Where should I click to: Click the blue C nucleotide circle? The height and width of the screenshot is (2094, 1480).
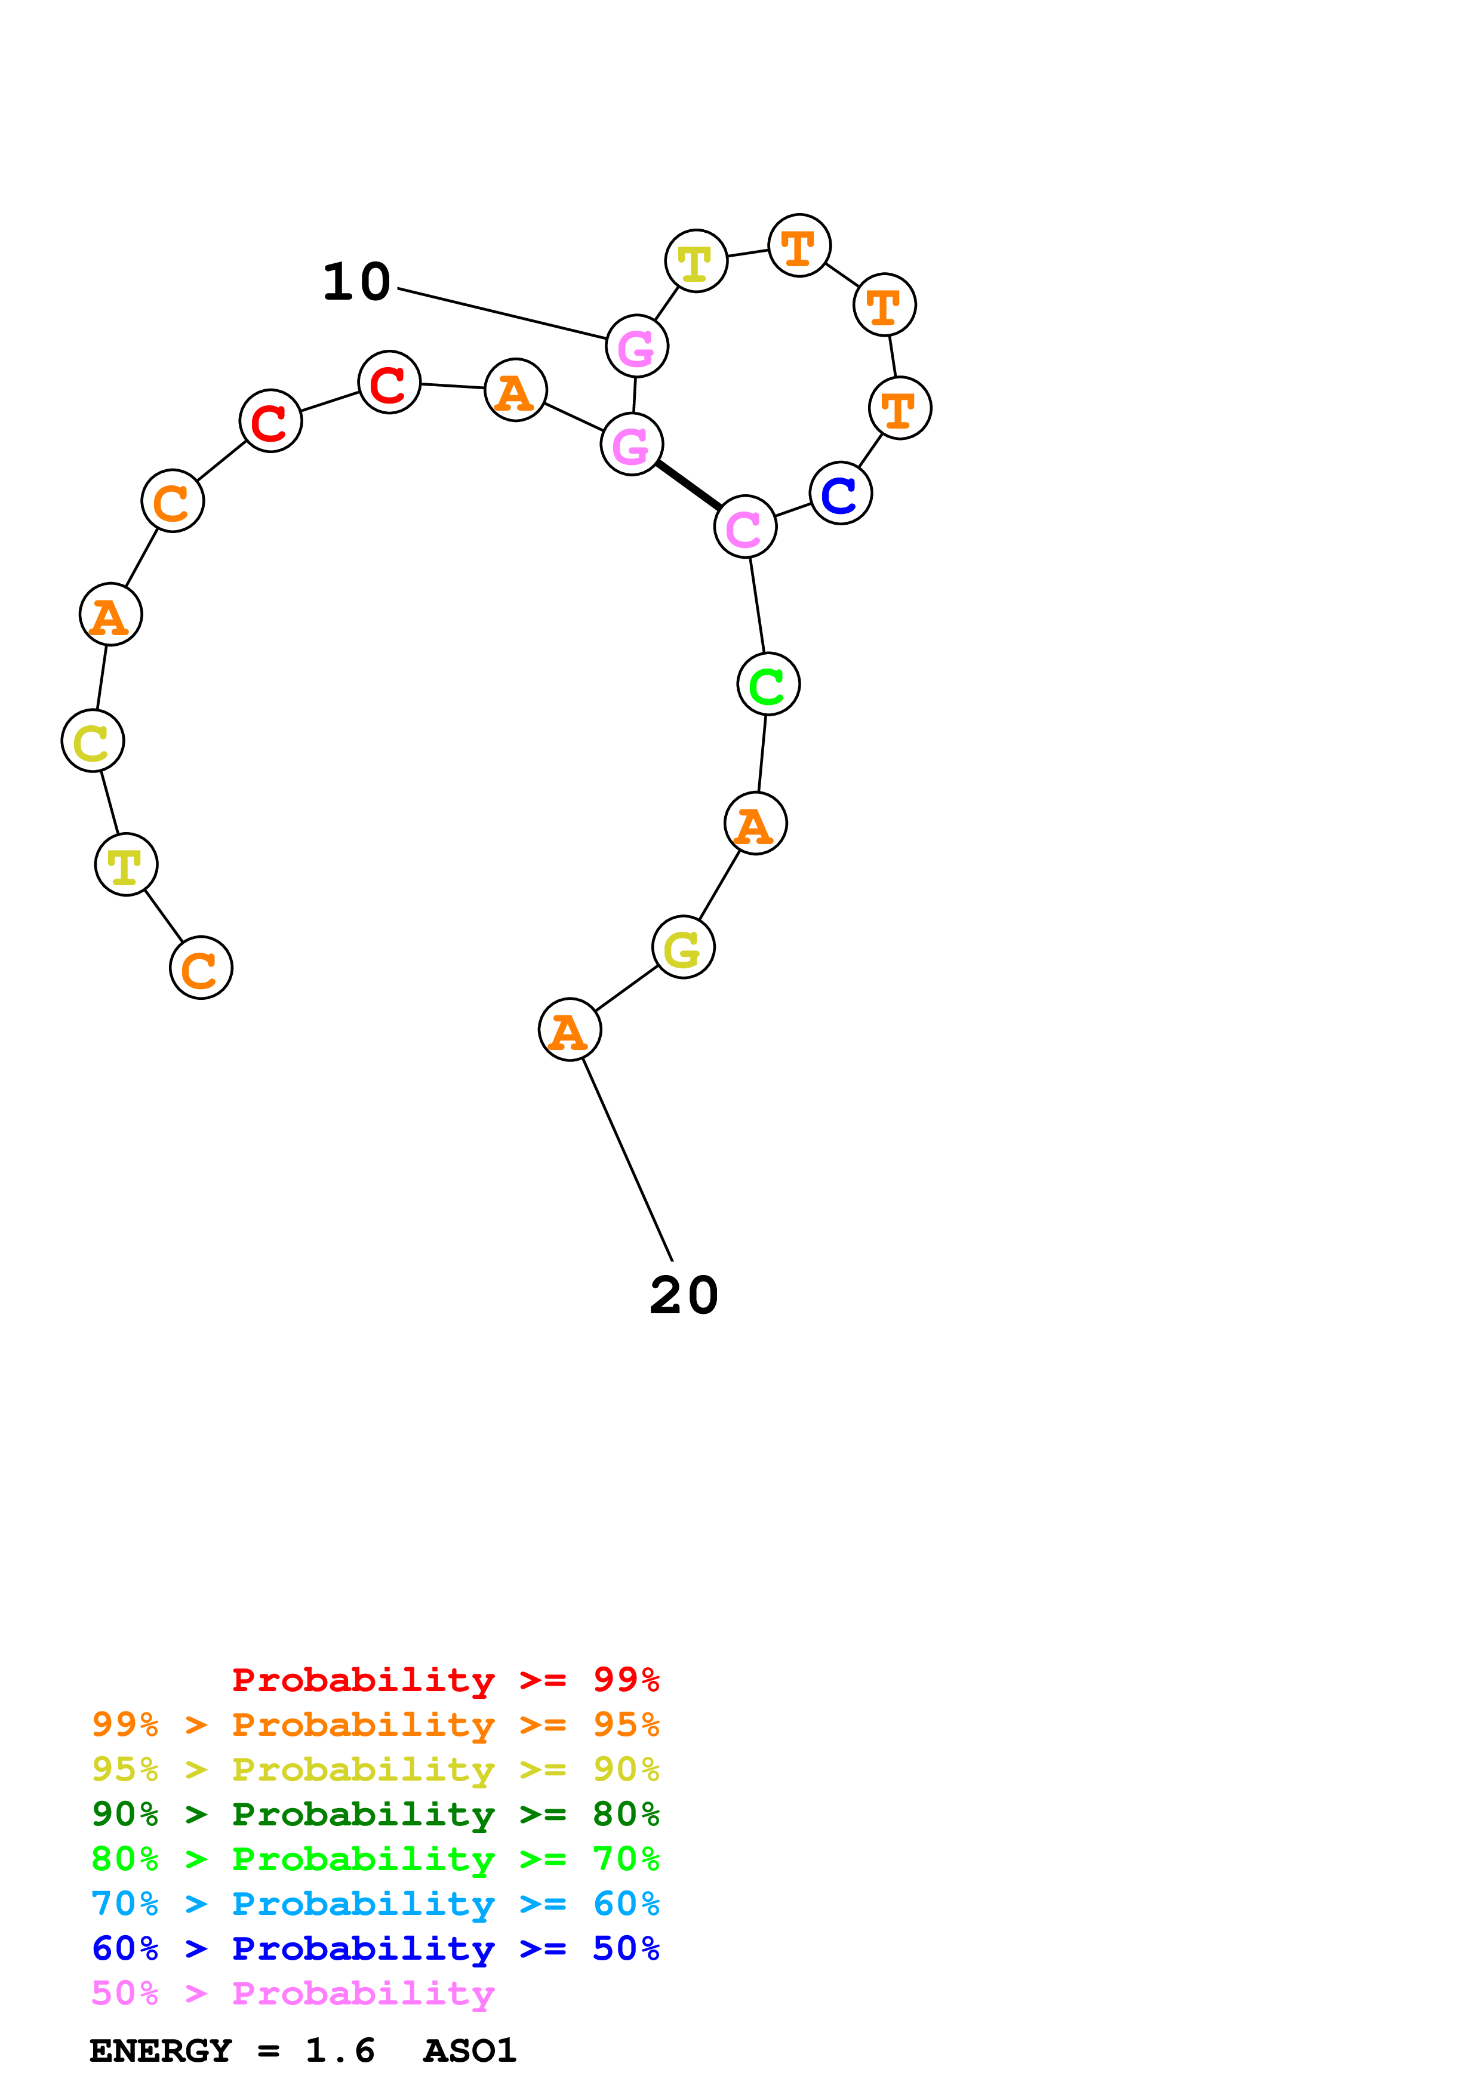(x=840, y=494)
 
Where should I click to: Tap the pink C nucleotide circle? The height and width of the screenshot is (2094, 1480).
(x=745, y=527)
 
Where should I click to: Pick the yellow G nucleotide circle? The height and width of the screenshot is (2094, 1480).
(x=683, y=947)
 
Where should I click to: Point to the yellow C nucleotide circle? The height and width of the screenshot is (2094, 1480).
(x=93, y=741)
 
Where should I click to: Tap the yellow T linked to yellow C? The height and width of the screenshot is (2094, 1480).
(x=126, y=864)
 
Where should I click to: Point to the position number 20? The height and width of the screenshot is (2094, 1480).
(x=684, y=1295)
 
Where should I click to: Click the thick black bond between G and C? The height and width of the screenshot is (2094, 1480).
(x=688, y=486)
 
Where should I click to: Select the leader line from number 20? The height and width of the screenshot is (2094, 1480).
(x=627, y=1160)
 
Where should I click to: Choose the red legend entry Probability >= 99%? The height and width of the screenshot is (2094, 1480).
(x=445, y=1679)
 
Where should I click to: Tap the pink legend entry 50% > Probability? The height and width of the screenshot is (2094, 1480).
(x=292, y=1994)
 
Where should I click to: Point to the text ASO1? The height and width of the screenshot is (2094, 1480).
(x=470, y=2051)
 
